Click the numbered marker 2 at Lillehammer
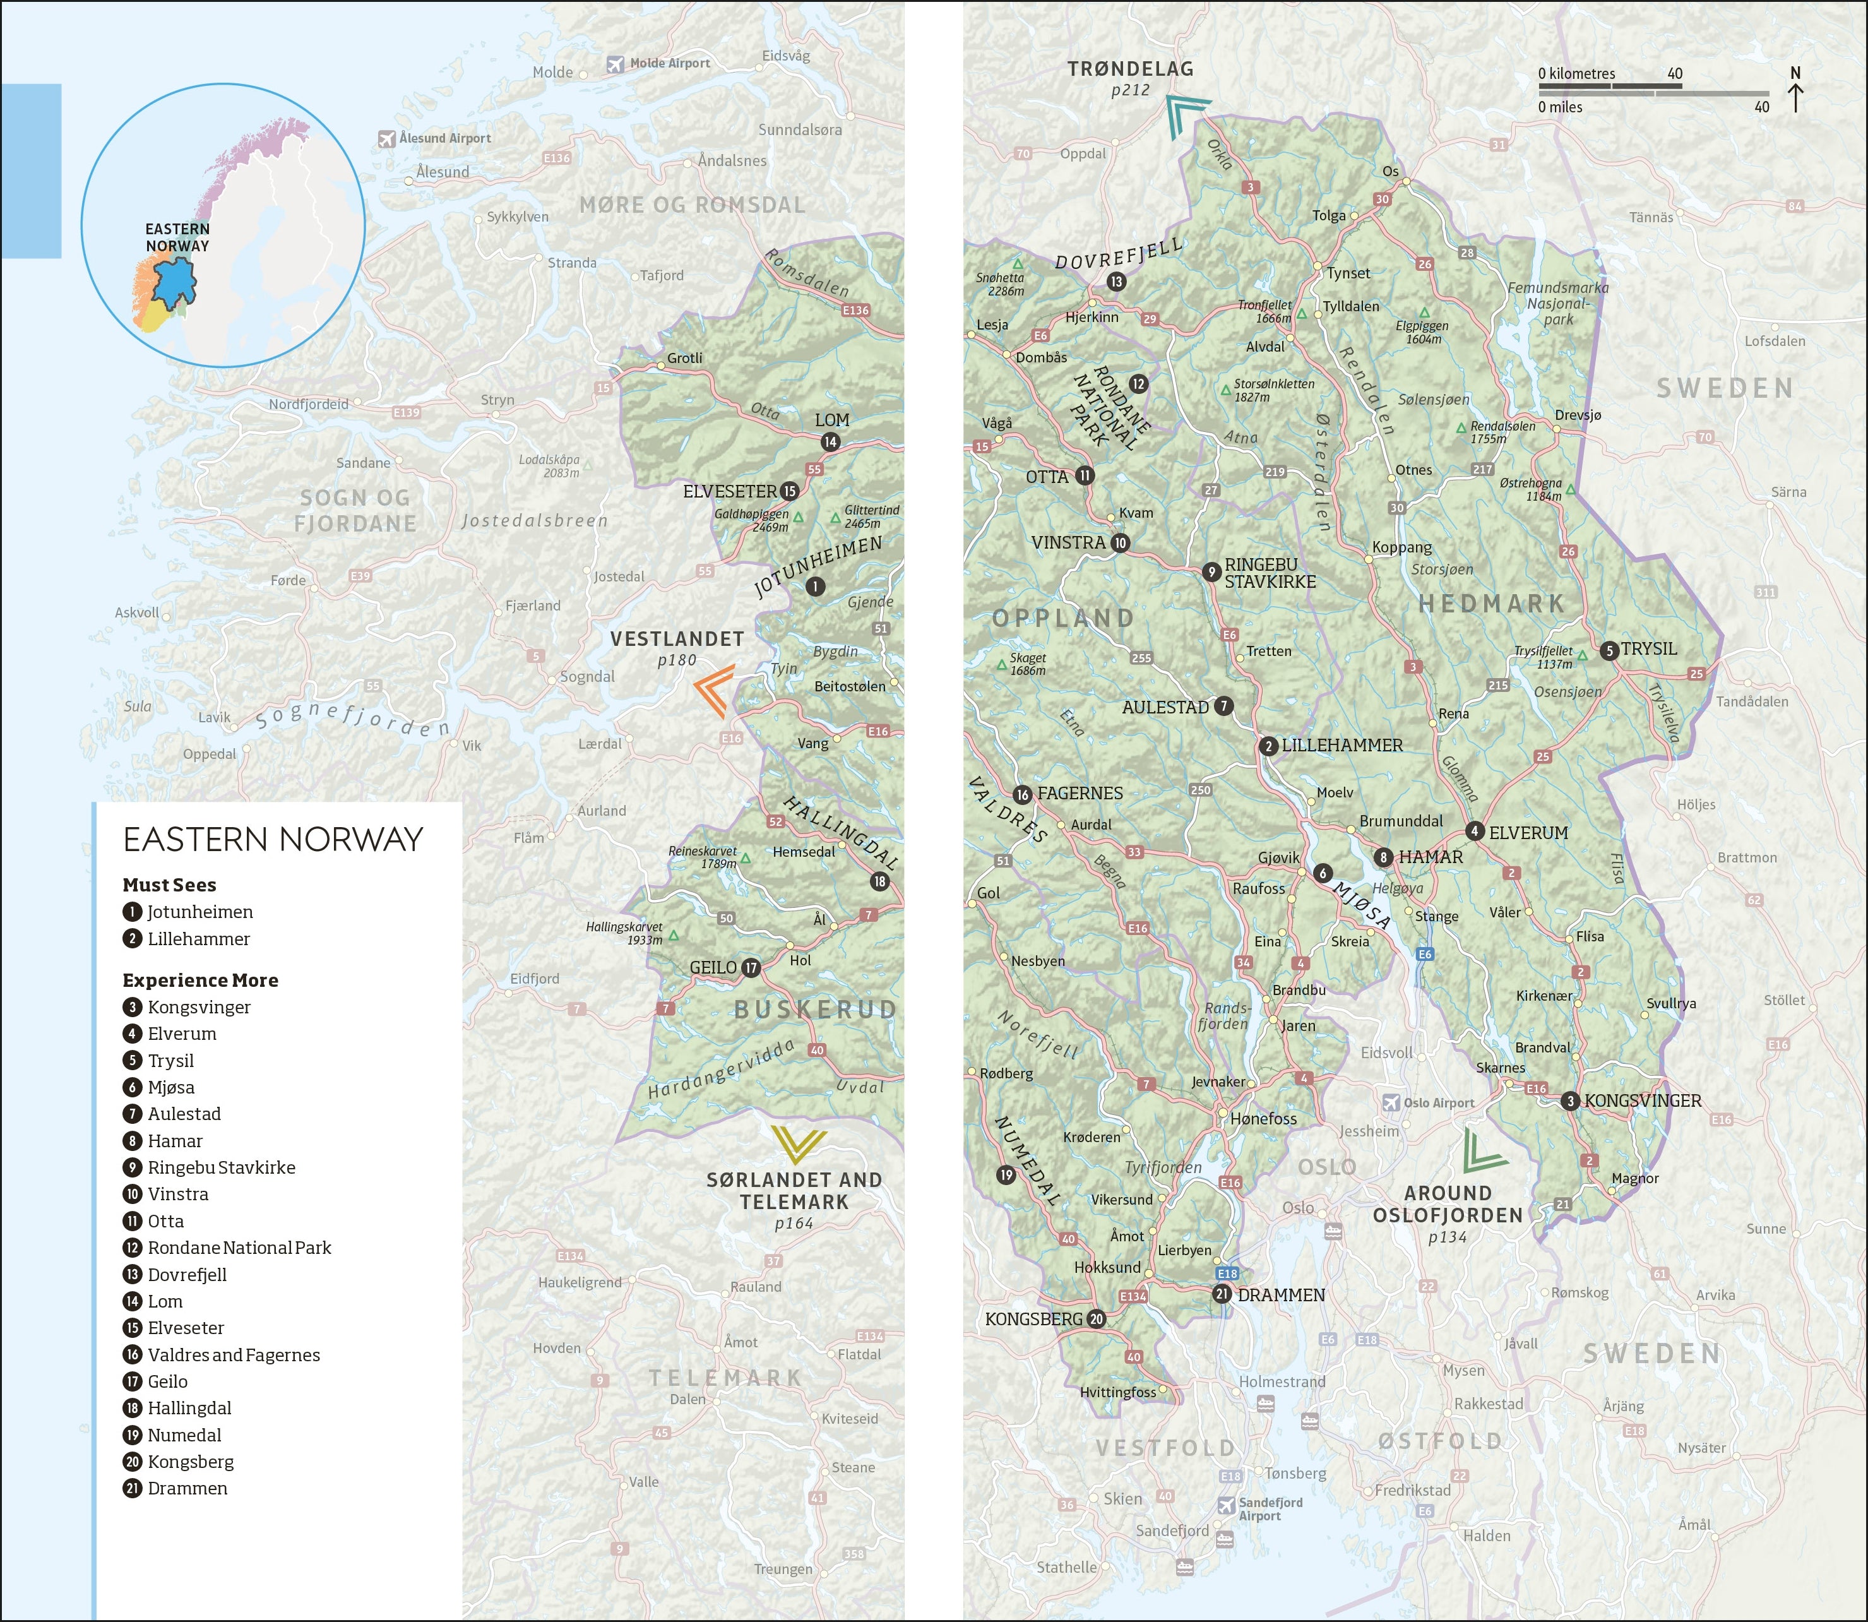pyautogui.click(x=1268, y=746)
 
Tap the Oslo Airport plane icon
pyautogui.click(x=1391, y=1102)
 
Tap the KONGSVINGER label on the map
pyautogui.click(x=1642, y=1100)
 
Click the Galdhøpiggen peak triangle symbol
pyautogui.click(x=798, y=517)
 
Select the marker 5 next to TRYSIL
pyautogui.click(x=1609, y=650)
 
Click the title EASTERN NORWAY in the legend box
pyautogui.click(x=273, y=839)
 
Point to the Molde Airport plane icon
pyautogui.click(x=616, y=63)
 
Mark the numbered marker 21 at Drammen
pyautogui.click(x=1222, y=1294)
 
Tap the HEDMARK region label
pyautogui.click(x=1490, y=604)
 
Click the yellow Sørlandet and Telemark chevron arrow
pyautogui.click(x=798, y=1144)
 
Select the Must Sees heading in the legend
pyautogui.click(x=169, y=885)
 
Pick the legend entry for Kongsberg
pyautogui.click(x=190, y=1462)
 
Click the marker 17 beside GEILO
pyautogui.click(x=750, y=968)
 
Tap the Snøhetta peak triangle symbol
pyautogui.click(x=1017, y=263)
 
